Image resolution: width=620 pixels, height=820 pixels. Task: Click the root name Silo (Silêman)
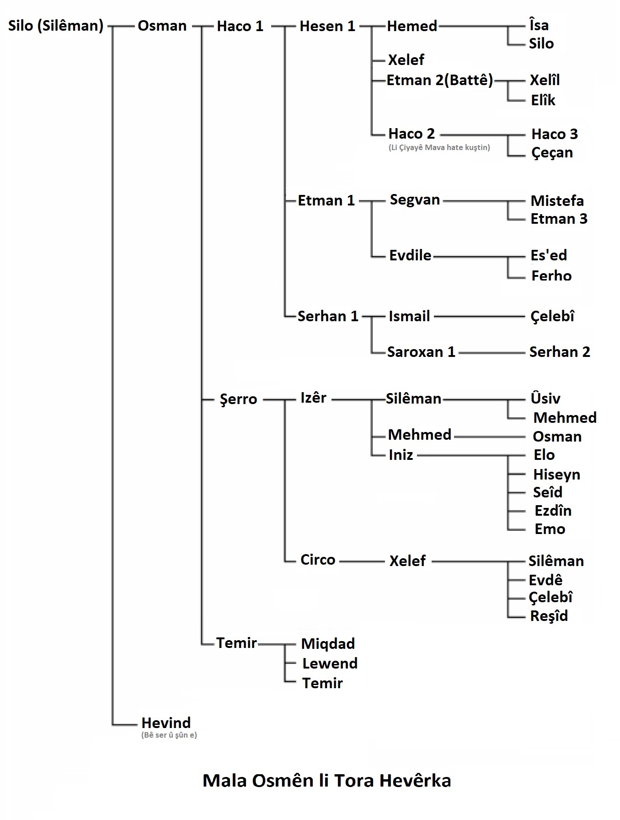[56, 26]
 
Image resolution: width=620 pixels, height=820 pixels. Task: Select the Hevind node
[166, 723]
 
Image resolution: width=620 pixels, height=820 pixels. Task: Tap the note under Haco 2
[439, 147]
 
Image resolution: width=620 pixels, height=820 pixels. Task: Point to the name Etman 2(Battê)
[440, 81]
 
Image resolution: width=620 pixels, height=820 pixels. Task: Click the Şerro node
[239, 399]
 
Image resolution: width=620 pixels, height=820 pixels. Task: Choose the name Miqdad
[328, 644]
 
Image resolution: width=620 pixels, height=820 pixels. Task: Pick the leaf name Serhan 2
[560, 352]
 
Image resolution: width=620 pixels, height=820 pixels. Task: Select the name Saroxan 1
[421, 352]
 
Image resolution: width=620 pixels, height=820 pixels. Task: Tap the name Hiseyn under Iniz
[556, 475]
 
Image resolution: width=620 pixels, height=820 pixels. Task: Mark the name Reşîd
[549, 616]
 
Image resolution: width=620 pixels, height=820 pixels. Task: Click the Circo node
[318, 560]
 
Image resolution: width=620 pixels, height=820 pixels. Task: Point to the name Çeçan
[552, 152]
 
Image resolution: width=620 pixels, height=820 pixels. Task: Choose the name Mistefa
[557, 200]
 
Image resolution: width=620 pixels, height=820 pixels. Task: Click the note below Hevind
[169, 735]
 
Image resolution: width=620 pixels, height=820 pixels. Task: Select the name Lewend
[330, 664]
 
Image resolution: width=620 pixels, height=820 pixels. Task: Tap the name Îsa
[539, 25]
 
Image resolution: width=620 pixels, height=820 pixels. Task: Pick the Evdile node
[410, 255]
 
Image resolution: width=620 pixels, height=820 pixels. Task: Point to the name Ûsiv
[545, 398]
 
